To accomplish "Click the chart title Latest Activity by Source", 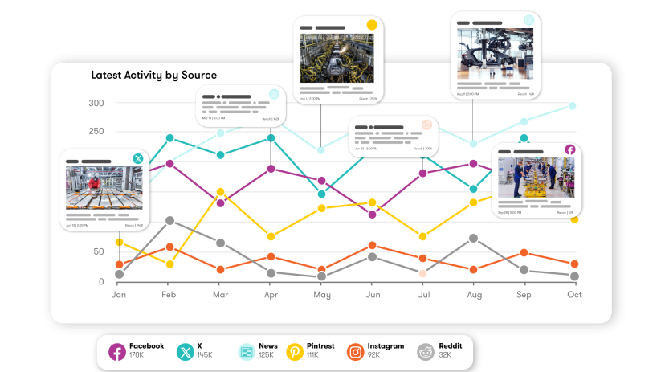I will tap(154, 75).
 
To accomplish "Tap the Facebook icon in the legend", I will tap(117, 351).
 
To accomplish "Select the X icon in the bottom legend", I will tap(186, 351).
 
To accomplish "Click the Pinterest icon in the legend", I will tap(295, 351).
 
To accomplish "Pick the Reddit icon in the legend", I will tap(426, 351).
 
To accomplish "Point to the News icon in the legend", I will tap(246, 351).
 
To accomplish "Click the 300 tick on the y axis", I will tap(96, 103).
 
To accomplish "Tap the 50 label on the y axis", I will tap(99, 251).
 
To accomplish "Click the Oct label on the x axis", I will tap(573, 295).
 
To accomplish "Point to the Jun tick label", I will tap(373, 295).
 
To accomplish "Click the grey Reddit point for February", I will tap(169, 220).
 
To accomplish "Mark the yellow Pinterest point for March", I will tap(221, 193).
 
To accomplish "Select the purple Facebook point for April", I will tap(271, 169).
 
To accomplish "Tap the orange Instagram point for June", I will tap(372, 246).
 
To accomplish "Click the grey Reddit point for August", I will tap(474, 238).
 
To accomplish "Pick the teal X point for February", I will tap(169, 138).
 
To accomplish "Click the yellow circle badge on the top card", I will tap(372, 25).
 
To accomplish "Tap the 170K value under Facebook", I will tap(137, 355).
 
